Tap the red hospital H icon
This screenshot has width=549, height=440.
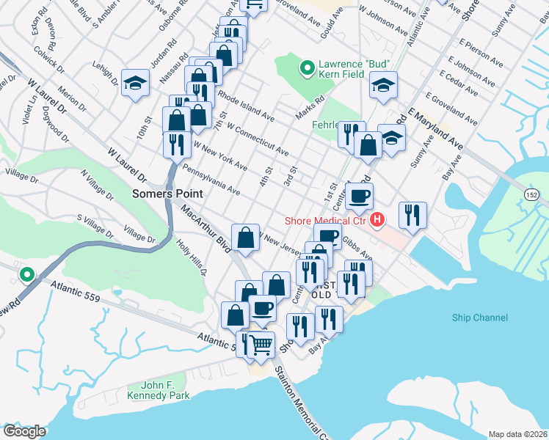click(377, 219)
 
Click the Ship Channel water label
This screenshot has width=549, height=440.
click(479, 318)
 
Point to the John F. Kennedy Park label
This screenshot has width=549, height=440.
click(165, 390)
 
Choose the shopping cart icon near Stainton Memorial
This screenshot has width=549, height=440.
click(261, 344)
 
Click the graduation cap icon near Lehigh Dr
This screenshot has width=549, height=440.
click(136, 83)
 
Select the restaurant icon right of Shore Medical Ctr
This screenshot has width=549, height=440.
click(412, 215)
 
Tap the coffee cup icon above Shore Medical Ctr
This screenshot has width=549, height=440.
click(360, 196)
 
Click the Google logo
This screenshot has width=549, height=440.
click(24, 431)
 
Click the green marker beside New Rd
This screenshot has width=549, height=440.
click(27, 275)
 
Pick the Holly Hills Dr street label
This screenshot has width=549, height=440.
click(193, 256)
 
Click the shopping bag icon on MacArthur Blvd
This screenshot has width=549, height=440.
click(245, 237)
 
